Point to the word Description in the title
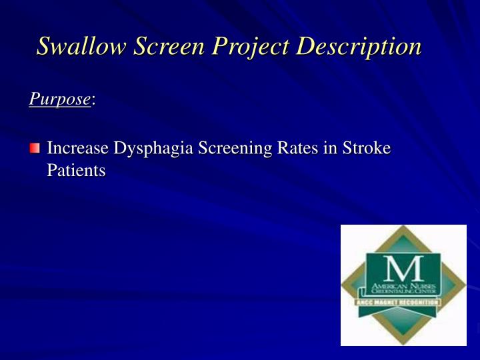coord(359,47)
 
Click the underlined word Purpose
coord(59,99)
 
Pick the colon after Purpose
coord(93,101)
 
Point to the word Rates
coord(291,148)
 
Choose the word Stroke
coord(366,148)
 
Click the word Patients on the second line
coord(76,171)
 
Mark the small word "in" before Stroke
coord(328,148)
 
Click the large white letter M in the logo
coord(403,267)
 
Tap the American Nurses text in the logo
coord(403,284)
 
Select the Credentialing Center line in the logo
coord(403,292)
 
